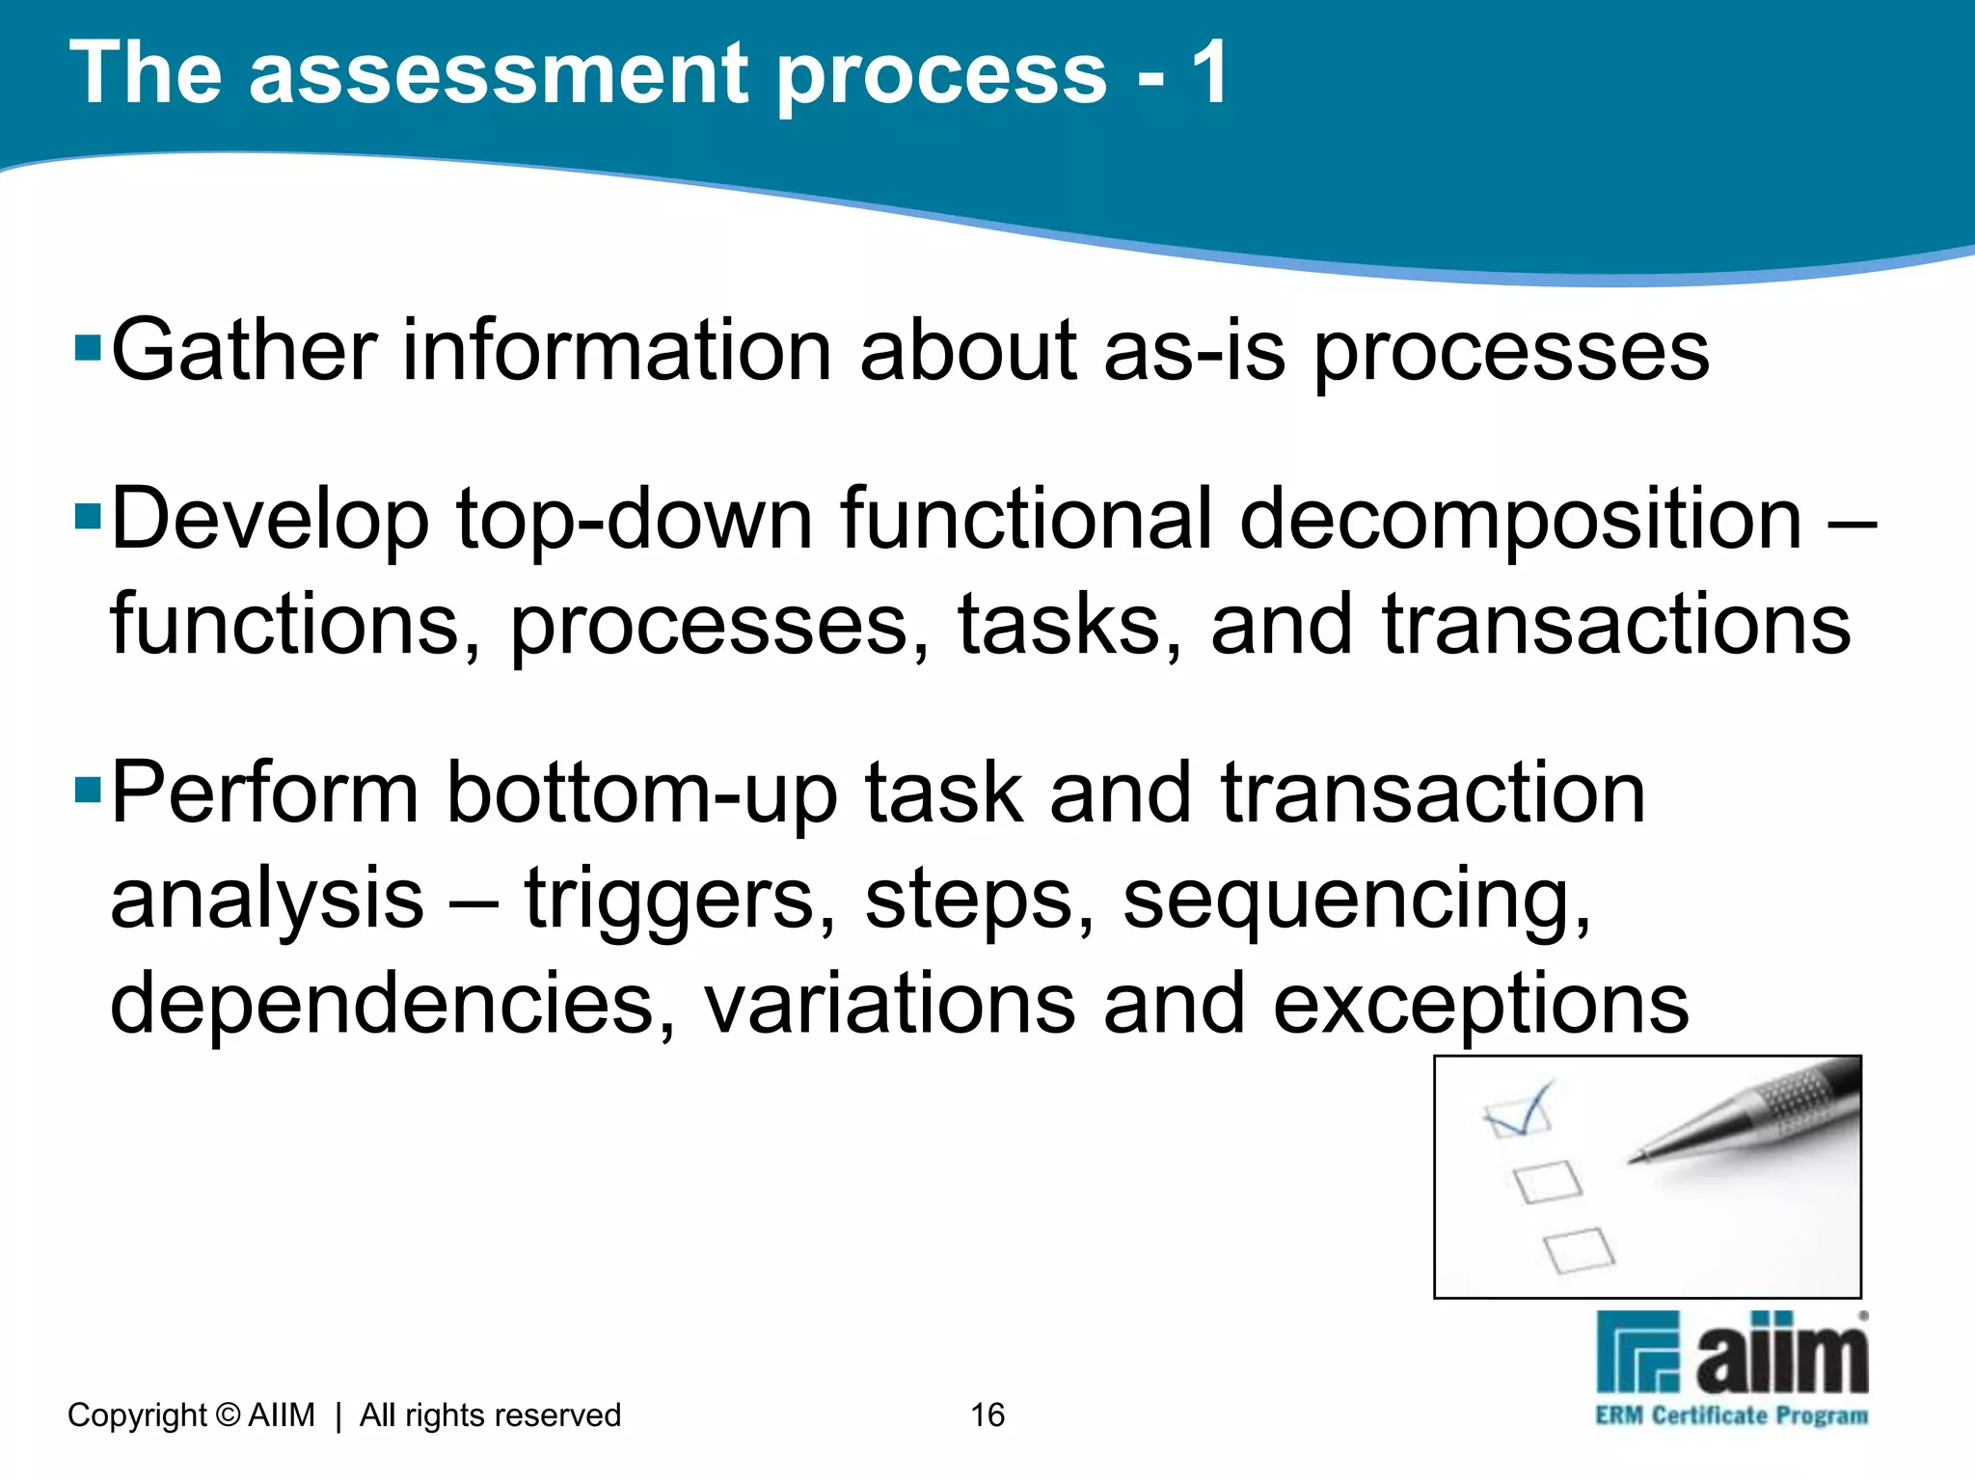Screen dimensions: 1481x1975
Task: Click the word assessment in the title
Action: tap(499, 75)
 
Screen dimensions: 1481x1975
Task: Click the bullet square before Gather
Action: tap(88, 346)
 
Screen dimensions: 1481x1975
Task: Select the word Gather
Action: tap(244, 351)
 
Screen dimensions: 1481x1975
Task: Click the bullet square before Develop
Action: tap(88, 516)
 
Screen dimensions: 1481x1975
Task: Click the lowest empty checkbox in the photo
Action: tap(1579, 1251)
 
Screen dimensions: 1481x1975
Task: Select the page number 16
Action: tap(987, 1414)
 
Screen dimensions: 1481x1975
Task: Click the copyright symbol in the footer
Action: tap(228, 1414)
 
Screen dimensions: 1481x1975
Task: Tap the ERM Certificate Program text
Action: tap(1731, 1415)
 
